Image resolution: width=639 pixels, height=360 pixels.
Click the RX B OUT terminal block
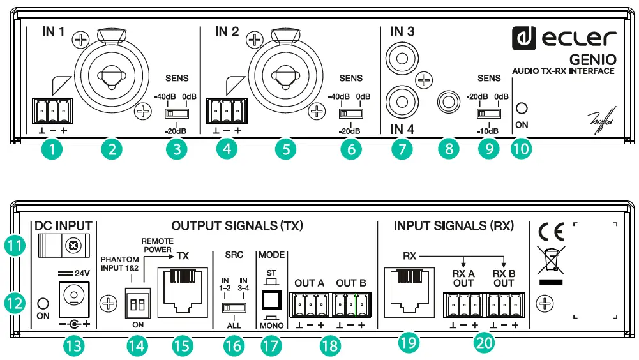pyautogui.click(x=504, y=304)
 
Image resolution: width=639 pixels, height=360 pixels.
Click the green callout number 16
pyautogui.click(x=234, y=347)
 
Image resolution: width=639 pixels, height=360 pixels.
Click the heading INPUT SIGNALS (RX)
pyautogui.click(x=453, y=225)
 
